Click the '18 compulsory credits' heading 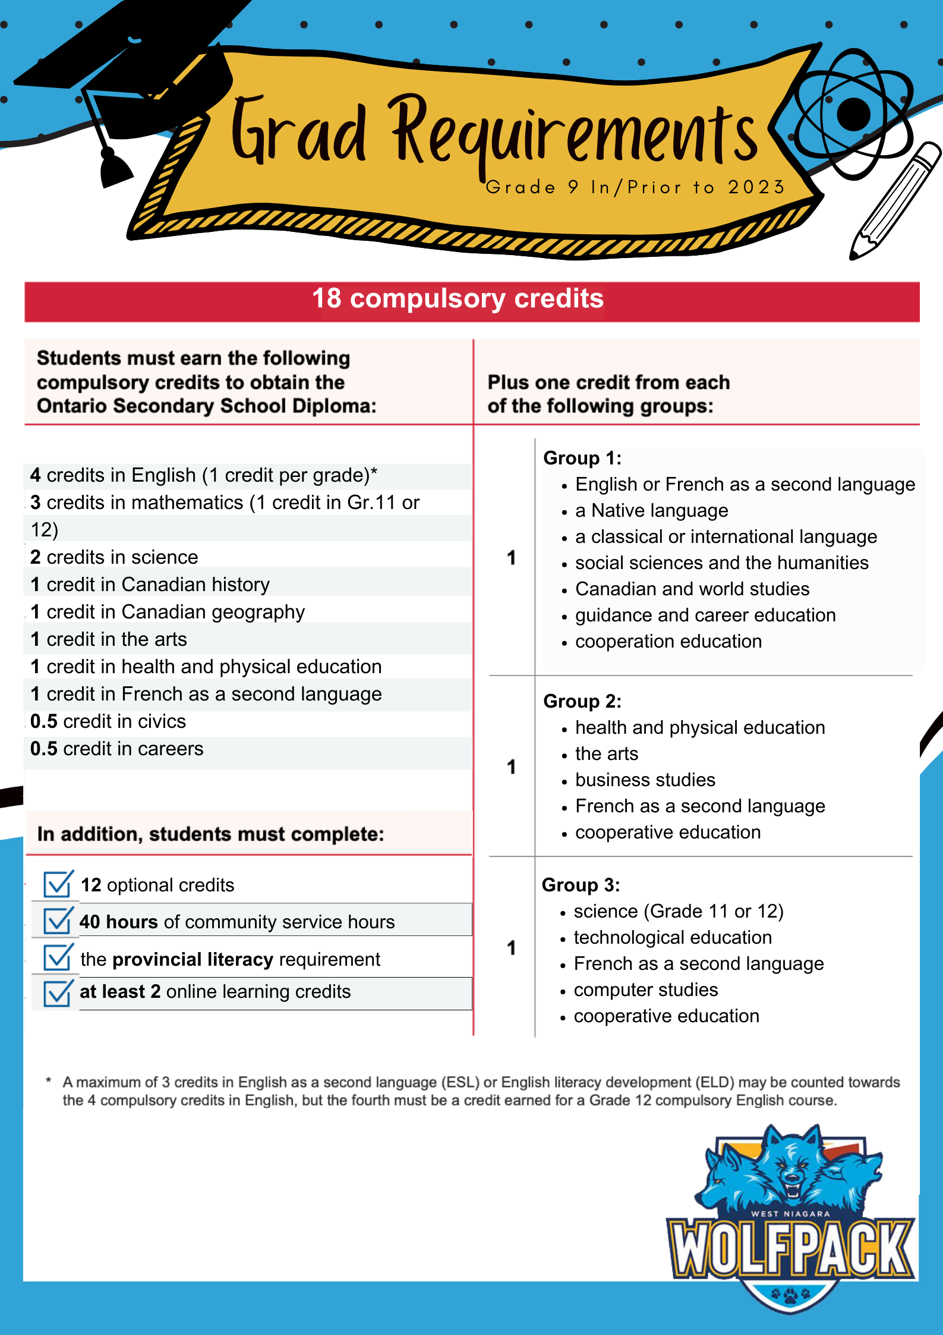coord(458,299)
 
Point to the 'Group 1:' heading coord(582,458)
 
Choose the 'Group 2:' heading coord(582,701)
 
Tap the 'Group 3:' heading coord(581,885)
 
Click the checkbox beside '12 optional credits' coord(58,884)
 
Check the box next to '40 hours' coord(58,921)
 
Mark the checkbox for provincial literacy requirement coord(58,957)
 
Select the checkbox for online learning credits coord(58,992)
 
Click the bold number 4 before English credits coord(36,475)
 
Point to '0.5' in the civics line coord(44,721)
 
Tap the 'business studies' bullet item coord(645,780)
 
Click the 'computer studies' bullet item coord(645,990)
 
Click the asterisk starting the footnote coord(49,1080)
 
